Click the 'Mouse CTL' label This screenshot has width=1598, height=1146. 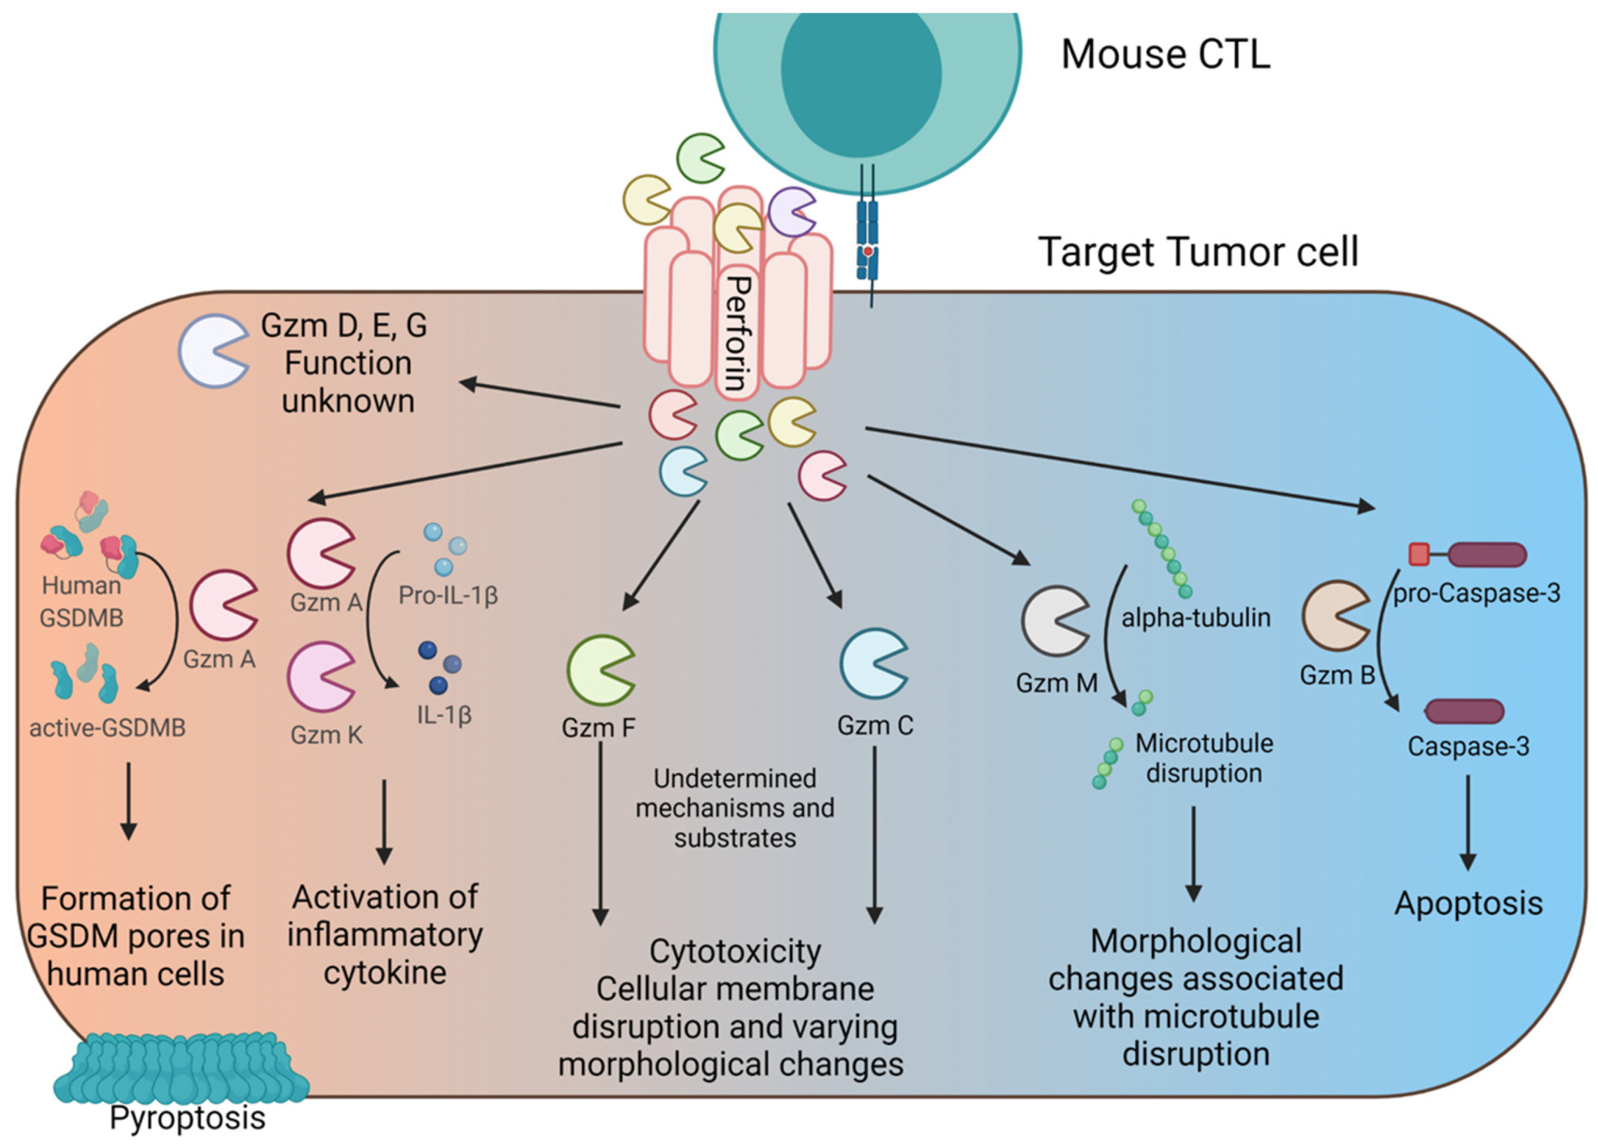pyautogui.click(x=1165, y=54)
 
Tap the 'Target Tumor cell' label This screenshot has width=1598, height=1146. pyautogui.click(x=1198, y=252)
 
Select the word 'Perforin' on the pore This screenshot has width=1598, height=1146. pyautogui.click(x=738, y=333)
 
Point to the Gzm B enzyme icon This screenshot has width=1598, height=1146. pyautogui.click(x=1333, y=615)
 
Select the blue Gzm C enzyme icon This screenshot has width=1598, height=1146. pyautogui.click(x=872, y=664)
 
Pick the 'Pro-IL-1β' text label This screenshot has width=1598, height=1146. pyautogui.click(x=448, y=596)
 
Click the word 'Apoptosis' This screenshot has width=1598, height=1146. pyautogui.click(x=1469, y=904)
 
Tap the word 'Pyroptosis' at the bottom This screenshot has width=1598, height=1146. pyautogui.click(x=187, y=1117)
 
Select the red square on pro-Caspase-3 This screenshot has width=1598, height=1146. pyautogui.click(x=1418, y=555)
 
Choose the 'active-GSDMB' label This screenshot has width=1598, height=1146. pyautogui.click(x=107, y=727)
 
